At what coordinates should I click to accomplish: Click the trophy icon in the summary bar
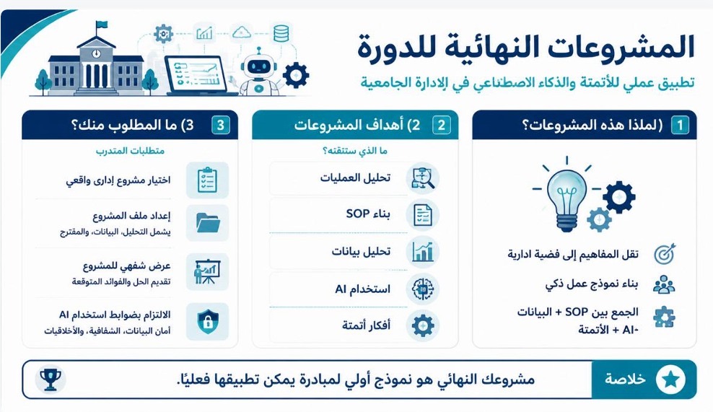[x=51, y=380]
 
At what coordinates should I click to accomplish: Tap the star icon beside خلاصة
[x=670, y=380]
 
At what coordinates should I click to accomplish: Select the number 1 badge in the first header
[x=681, y=125]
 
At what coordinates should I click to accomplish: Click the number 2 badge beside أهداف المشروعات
[x=441, y=125]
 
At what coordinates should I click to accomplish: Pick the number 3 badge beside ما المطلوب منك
[x=221, y=125]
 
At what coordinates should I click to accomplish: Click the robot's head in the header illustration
[x=259, y=66]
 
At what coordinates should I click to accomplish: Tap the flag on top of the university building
[x=101, y=25]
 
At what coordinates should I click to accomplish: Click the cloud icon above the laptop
[x=241, y=32]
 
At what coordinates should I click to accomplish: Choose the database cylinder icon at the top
[x=281, y=33]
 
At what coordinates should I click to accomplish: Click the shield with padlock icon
[x=207, y=322]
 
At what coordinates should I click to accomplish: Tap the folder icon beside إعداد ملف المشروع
[x=208, y=222]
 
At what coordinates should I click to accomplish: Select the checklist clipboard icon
[x=207, y=180]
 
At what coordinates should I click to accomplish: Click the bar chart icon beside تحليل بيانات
[x=423, y=252]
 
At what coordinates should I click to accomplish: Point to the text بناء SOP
[x=368, y=214]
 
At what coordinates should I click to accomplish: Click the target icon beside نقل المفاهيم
[x=665, y=254]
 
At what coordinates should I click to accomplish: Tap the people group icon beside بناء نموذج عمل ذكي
[x=664, y=284]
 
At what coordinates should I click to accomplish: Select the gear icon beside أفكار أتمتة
[x=422, y=325]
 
